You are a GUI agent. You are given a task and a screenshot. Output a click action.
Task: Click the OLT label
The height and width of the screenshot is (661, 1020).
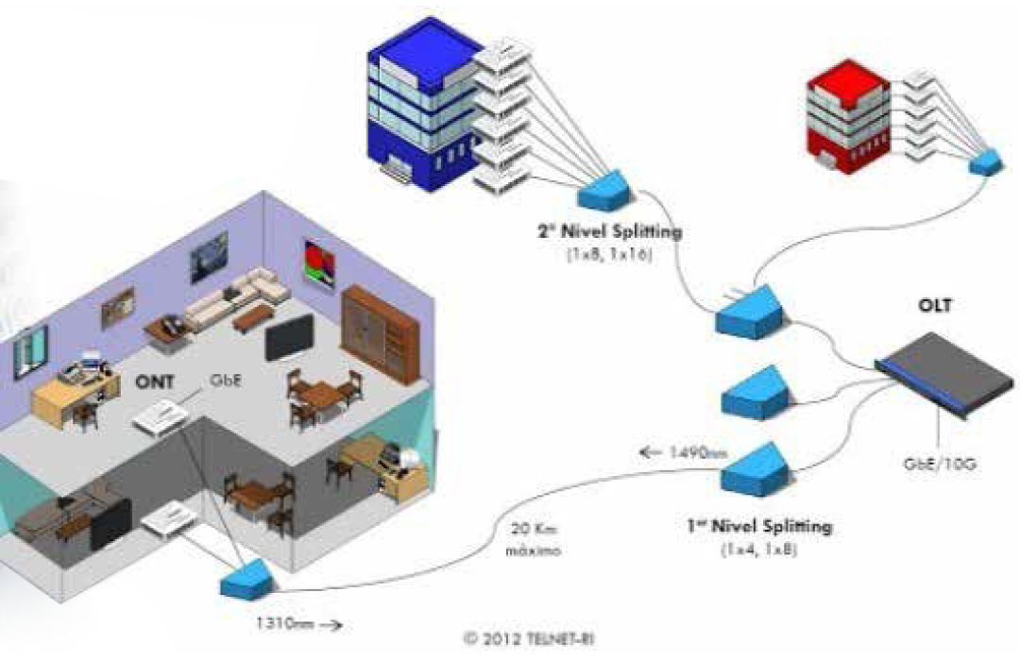point(935,304)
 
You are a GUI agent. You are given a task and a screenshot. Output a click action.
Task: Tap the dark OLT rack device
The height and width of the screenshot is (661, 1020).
point(944,373)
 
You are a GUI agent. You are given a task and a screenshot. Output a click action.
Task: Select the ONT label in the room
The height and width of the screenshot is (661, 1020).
point(154,381)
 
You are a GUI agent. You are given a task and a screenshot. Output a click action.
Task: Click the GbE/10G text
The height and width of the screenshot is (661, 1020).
point(940,464)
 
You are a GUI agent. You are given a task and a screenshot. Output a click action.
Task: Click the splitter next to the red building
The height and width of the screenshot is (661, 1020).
point(986,161)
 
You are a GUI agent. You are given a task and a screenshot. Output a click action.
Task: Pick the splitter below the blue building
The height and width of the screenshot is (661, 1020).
point(604,190)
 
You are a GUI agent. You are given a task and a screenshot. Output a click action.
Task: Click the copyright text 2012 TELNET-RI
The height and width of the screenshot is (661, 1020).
point(528,639)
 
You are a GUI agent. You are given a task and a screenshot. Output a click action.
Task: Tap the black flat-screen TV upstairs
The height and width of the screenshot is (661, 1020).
point(290,337)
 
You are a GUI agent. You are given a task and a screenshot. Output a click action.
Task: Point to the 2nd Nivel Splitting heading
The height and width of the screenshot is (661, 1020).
point(610,230)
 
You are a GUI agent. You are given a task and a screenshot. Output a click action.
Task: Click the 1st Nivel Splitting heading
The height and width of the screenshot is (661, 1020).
point(759,525)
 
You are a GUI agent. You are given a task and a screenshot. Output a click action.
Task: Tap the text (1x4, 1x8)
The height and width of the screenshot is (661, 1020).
point(759,550)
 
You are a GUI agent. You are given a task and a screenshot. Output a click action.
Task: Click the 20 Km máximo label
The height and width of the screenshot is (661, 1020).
point(534,539)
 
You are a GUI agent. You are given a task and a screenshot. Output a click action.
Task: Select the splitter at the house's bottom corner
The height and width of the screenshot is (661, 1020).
point(248,579)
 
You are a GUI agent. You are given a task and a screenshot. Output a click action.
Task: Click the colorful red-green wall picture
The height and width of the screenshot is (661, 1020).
point(320,263)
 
